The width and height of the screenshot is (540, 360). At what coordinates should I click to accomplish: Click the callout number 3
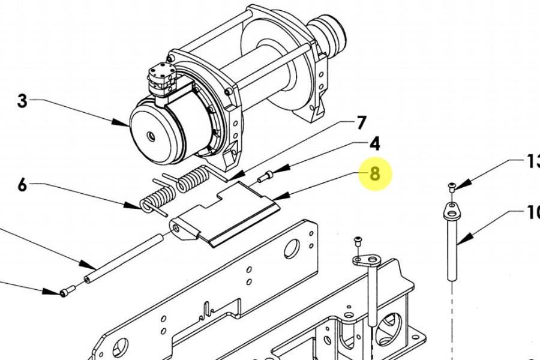coord(22,101)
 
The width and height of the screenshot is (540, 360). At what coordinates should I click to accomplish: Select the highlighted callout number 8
coord(375,174)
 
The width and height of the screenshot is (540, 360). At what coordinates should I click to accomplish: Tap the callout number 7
coord(361,123)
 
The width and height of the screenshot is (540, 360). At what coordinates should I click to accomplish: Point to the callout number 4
coord(374,144)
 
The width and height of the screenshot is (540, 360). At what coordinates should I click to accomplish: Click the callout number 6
coord(22,184)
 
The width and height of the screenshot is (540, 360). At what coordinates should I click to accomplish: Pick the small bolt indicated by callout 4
coord(265,176)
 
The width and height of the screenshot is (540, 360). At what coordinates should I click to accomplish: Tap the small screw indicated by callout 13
coord(451,188)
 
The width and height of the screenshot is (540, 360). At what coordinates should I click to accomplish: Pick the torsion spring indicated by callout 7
coord(192,180)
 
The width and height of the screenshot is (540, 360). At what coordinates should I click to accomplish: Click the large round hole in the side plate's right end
coord(292,247)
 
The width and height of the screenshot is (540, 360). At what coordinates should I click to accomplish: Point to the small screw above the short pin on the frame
coord(358,241)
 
